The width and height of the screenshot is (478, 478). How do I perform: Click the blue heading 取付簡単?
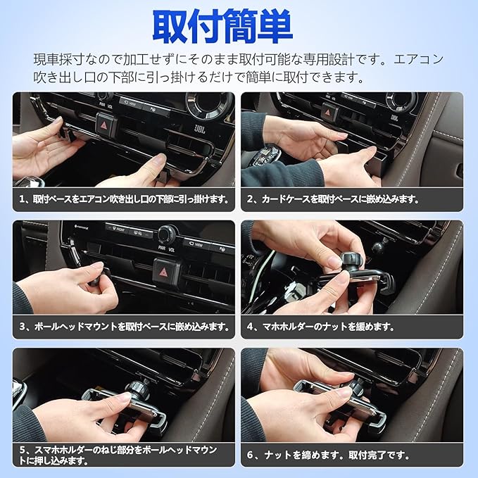222,27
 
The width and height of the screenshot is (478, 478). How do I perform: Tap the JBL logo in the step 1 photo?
200,129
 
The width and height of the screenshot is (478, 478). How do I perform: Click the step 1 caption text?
124,199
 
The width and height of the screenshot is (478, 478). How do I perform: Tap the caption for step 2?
333,199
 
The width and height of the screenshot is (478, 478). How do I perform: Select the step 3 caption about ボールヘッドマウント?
124,327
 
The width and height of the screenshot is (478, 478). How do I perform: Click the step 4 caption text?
321,327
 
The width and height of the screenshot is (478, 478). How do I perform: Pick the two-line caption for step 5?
118,455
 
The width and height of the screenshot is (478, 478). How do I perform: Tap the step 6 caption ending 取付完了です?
328,455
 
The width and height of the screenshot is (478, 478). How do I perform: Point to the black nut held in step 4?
350,261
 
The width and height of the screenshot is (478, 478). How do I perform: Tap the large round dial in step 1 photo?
210,104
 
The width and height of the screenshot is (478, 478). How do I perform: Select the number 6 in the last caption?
251,455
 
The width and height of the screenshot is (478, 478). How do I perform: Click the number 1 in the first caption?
22,199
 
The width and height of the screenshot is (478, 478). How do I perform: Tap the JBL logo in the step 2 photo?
395,118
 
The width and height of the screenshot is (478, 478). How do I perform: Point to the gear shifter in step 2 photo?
265,155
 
